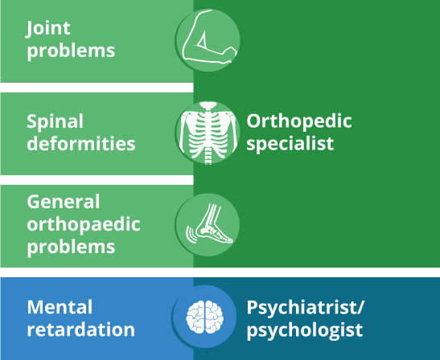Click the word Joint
click(48, 29)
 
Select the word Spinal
click(55, 122)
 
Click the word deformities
click(81, 143)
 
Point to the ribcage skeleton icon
click(208, 133)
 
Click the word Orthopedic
click(299, 122)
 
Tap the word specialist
click(290, 144)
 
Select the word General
click(64, 202)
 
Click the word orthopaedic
click(84, 225)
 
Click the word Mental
click(60, 307)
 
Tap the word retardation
click(80, 329)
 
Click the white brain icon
click(205, 317)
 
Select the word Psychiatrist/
click(306, 308)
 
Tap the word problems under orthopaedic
click(71, 247)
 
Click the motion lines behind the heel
click(191, 235)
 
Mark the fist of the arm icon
click(231, 53)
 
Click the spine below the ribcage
click(208, 157)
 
